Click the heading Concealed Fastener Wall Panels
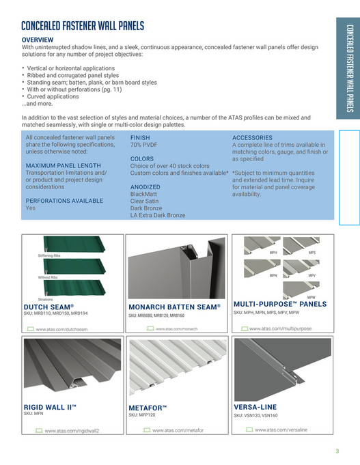tap(83, 26)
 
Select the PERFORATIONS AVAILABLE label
tap(64, 201)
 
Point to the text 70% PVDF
tap(145, 145)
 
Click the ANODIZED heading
tap(145, 186)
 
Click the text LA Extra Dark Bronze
tap(157, 215)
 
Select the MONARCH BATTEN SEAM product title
tap(174, 308)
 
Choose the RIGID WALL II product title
tap(50, 407)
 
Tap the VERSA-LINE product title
tap(255, 407)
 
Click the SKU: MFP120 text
tap(142, 414)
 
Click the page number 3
tap(337, 451)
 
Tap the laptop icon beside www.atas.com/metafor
tap(146, 430)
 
